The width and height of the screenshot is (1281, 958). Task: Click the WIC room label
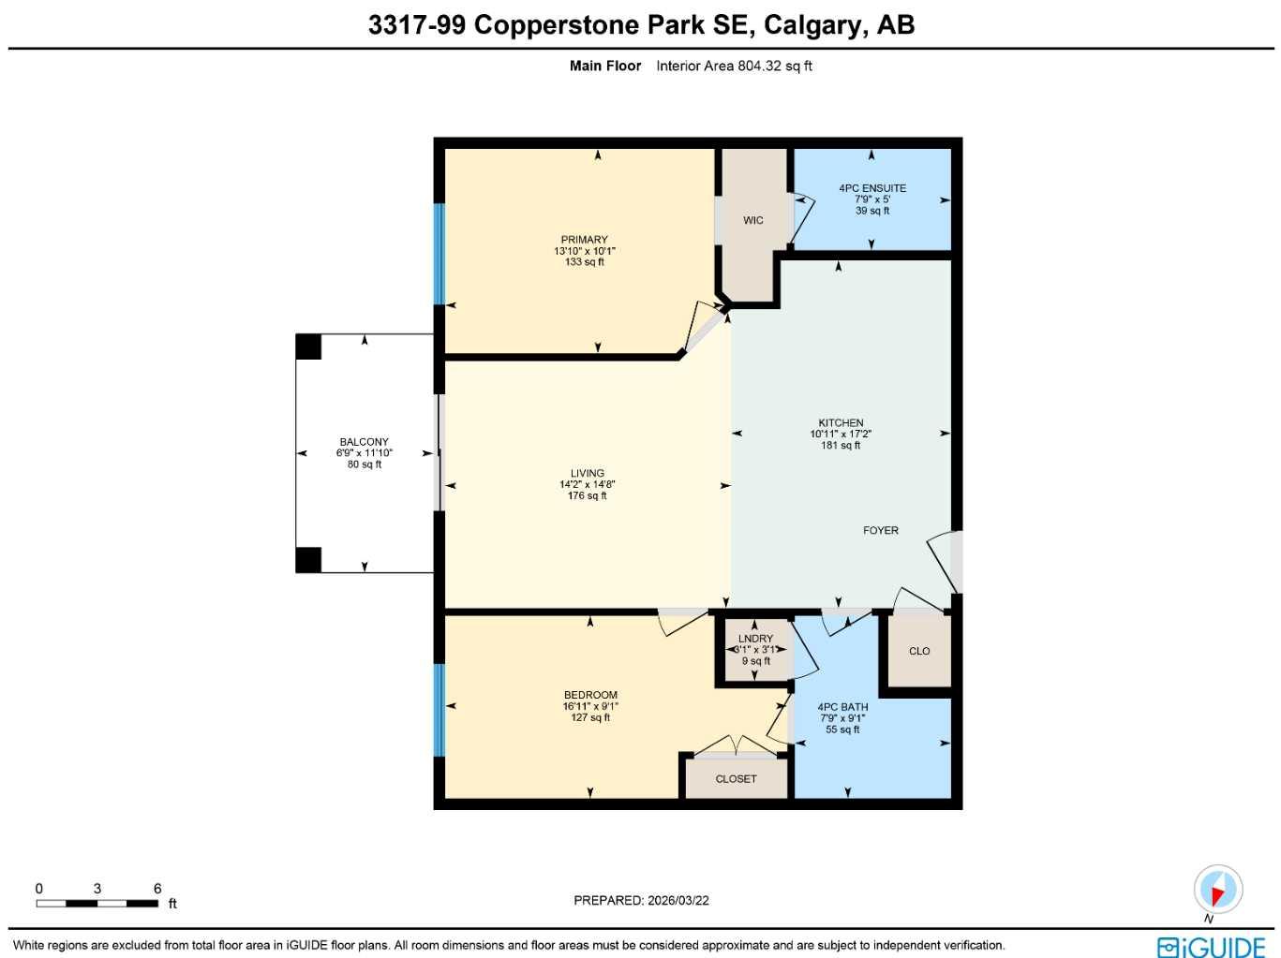[x=752, y=221]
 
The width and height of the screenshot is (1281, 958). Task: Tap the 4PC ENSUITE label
[x=871, y=188]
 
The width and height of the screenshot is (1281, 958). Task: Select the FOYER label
[x=880, y=531]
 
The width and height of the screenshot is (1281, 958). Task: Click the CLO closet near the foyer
[x=919, y=651]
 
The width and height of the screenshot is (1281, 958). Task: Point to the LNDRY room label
[x=755, y=639]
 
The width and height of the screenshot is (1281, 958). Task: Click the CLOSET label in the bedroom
[x=736, y=779]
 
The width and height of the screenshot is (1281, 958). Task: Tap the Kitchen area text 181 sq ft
[x=841, y=446]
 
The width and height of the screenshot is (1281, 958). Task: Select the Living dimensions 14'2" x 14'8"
[x=588, y=484]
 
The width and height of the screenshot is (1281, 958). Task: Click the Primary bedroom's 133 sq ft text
[x=585, y=262]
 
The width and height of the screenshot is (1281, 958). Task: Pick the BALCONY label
[x=364, y=442]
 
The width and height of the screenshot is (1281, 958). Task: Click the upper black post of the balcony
[x=308, y=346]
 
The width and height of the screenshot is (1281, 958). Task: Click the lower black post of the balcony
[x=308, y=560]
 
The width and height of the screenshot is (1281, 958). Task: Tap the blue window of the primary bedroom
[x=439, y=254]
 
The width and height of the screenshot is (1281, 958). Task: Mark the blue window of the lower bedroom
[x=439, y=710]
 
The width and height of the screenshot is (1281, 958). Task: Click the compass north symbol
[x=1217, y=890]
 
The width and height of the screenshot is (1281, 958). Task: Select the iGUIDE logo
[x=1211, y=947]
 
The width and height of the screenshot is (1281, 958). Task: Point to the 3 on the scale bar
[x=97, y=889]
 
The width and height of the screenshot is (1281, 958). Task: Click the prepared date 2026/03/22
[x=677, y=901]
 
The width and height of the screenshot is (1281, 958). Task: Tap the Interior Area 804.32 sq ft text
[x=734, y=66]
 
